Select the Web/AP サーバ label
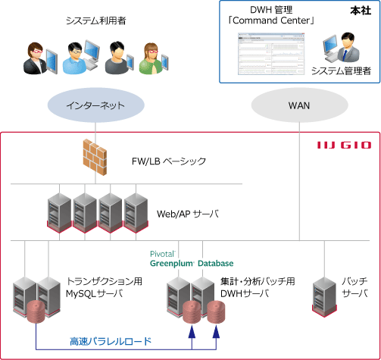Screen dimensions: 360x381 click(x=185, y=214)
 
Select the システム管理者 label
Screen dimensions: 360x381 click(x=341, y=71)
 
